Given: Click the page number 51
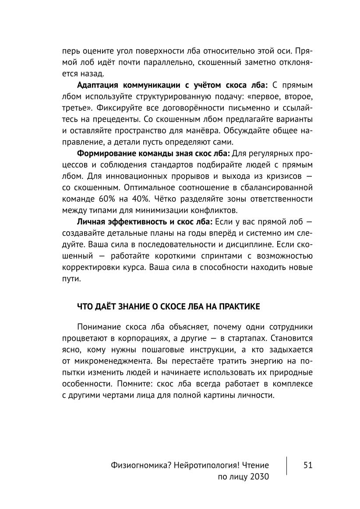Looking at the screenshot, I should pos(307,465).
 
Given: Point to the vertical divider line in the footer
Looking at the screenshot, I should pos(287,466).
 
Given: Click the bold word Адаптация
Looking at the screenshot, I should pos(98,85).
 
